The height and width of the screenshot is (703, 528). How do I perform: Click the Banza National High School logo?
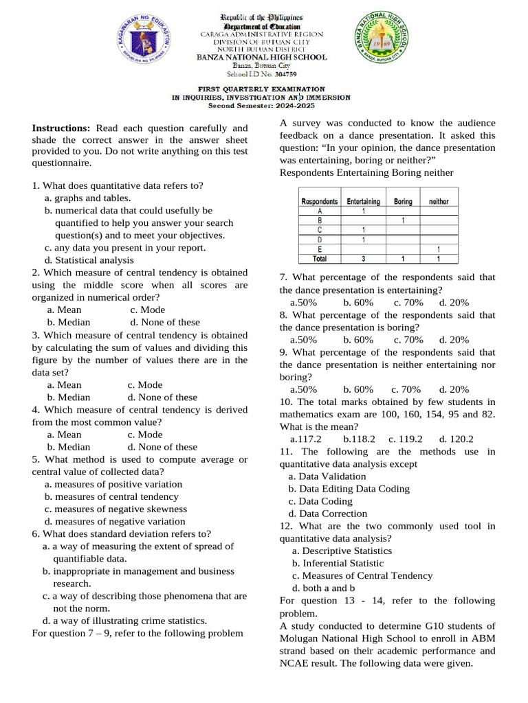[380, 42]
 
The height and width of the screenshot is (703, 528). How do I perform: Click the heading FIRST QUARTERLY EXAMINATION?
[261, 89]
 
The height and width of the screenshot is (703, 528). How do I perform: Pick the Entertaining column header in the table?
[363, 202]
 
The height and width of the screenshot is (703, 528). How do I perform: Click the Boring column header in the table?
[403, 202]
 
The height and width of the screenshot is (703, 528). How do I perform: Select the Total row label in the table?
[320, 260]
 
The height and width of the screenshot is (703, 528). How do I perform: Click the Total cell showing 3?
[363, 260]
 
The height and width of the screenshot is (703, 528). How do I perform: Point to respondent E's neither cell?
[439, 250]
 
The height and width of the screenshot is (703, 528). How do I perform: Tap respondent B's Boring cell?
[403, 221]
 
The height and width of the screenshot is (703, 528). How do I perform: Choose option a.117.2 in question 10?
[306, 439]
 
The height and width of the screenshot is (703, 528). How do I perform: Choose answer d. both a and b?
[323, 588]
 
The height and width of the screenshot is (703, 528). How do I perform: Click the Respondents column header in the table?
[320, 202]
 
